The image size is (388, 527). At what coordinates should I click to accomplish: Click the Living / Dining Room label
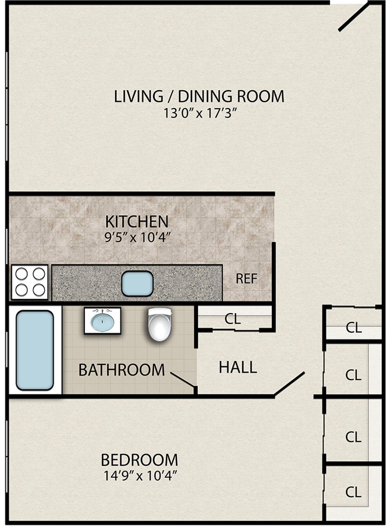(199, 96)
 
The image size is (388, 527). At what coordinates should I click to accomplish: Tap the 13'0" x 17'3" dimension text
(199, 114)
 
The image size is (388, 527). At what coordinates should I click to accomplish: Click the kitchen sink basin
(137, 284)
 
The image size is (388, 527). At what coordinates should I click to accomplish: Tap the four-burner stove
(30, 283)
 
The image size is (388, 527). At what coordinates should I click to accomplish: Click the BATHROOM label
(122, 370)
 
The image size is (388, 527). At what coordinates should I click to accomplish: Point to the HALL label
(238, 367)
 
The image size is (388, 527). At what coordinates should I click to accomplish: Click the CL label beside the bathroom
(233, 319)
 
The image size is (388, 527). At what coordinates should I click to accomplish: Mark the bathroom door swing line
(183, 380)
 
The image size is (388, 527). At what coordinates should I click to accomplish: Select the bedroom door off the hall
(289, 384)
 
